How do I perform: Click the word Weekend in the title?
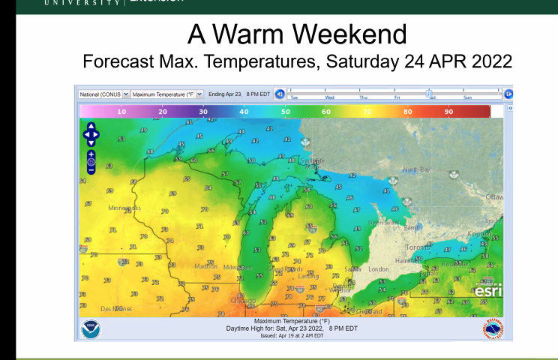point(348,34)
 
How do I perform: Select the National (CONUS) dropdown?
point(104,94)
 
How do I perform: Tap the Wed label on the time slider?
point(329,97)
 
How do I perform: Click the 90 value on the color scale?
point(448,111)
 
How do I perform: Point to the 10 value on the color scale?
point(121,111)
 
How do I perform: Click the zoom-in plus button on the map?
point(91,154)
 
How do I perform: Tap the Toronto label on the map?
point(418,246)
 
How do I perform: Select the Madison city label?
point(206,266)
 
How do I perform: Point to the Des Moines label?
point(117,308)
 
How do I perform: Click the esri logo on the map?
point(487,290)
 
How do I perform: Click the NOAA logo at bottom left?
point(91,328)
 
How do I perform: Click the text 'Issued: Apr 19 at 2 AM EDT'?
point(292,335)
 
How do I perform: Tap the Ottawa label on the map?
point(493,196)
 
